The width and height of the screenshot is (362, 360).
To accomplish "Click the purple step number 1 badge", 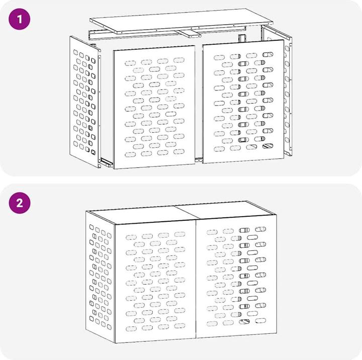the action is click(20, 19).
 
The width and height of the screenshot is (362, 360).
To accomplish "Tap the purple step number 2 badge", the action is click(20, 203).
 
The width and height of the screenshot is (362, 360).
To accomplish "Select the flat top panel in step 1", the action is click(182, 21).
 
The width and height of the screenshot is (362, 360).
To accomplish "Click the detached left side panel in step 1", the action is click(85, 102).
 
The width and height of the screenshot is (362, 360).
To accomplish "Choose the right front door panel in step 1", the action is click(243, 102).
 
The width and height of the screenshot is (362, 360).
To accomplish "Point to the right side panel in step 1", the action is click(277, 90).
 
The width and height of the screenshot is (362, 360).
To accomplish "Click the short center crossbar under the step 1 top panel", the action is click(188, 34).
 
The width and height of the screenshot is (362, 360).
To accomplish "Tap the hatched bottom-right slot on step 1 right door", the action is click(268, 146).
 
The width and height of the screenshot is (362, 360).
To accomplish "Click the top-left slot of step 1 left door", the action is click(130, 63).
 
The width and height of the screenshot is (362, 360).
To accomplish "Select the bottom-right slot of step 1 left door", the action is click(179, 152).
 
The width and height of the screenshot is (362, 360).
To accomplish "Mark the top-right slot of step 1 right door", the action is click(268, 54).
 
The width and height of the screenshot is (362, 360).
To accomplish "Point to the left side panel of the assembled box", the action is click(100, 277).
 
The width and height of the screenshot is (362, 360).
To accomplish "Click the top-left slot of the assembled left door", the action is click(131, 237).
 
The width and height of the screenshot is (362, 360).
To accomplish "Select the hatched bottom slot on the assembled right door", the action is click(244, 321).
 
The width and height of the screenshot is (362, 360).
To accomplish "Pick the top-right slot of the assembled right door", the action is click(260, 229).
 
